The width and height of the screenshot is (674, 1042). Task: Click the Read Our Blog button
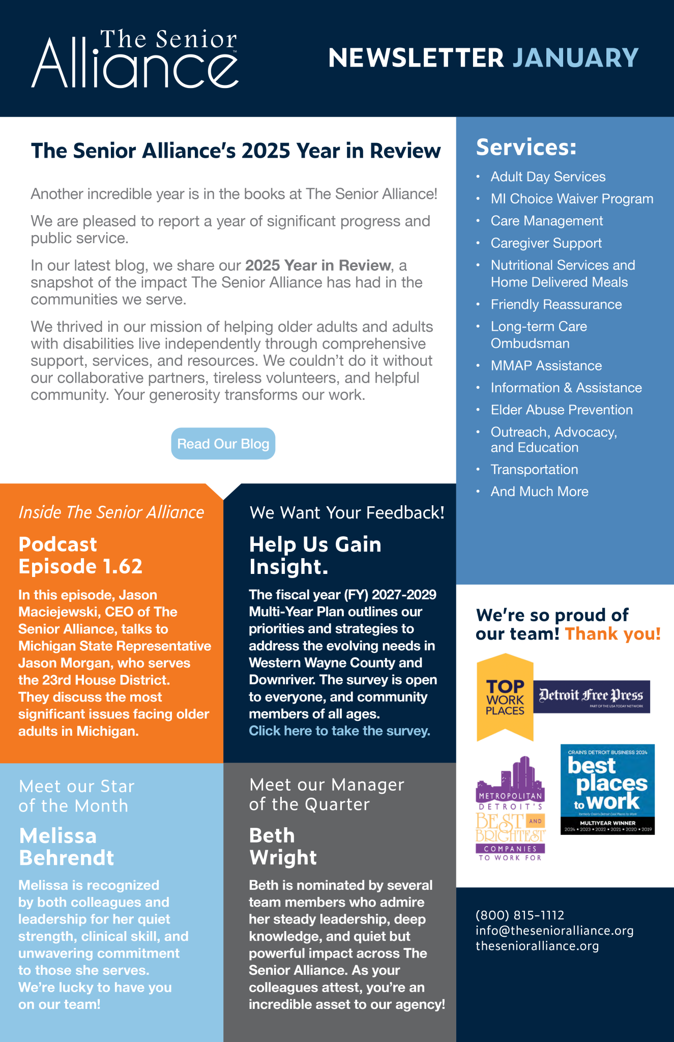(x=223, y=444)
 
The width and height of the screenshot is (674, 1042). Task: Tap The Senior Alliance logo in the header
(x=135, y=59)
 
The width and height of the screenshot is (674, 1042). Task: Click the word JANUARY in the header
(x=575, y=58)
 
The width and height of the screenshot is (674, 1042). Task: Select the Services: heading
(x=526, y=148)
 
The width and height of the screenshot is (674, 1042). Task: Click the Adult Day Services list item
(x=548, y=177)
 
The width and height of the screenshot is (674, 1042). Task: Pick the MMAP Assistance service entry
(x=546, y=365)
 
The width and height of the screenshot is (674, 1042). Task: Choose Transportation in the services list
(x=534, y=469)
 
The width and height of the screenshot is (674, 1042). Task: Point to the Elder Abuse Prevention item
(x=562, y=410)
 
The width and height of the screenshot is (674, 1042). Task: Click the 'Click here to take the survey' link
(x=339, y=731)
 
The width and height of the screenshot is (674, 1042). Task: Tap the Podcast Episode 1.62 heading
(x=80, y=556)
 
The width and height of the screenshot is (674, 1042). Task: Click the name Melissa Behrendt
(x=66, y=847)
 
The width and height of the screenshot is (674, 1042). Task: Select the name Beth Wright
(x=283, y=847)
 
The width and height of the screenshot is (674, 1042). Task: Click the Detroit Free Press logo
(x=591, y=696)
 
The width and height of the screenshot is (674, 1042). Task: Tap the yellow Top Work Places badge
(x=505, y=697)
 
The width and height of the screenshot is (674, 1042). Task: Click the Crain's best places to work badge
(x=607, y=789)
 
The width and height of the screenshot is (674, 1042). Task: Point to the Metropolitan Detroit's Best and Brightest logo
(x=510, y=809)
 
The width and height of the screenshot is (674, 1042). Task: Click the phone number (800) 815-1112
(x=520, y=915)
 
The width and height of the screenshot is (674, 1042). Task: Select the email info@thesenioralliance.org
(x=554, y=931)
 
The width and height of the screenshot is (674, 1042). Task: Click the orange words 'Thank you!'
(x=612, y=634)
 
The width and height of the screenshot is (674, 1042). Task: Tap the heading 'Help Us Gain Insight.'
(x=315, y=556)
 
